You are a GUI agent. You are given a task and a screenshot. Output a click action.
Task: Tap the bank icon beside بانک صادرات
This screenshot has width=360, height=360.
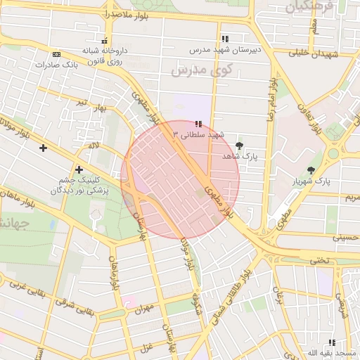[x=56, y=54]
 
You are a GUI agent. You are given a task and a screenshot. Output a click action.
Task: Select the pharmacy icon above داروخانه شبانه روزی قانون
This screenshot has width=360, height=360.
[x=105, y=41]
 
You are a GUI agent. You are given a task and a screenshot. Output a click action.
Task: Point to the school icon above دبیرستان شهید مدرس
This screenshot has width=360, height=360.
[x=224, y=39]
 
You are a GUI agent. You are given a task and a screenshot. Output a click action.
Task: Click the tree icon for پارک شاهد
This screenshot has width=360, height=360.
[x=240, y=146]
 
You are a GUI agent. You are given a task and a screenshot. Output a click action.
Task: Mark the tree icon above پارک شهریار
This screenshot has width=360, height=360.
[x=311, y=170]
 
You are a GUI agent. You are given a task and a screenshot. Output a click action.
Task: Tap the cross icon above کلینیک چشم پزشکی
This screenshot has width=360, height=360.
[x=79, y=169]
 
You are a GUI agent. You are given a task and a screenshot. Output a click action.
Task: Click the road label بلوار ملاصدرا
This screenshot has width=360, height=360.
[x=105, y=13]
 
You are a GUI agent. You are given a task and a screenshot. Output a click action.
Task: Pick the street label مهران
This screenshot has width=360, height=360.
[x=143, y=310]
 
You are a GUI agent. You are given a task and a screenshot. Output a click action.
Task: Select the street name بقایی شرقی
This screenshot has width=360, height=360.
[x=67, y=307]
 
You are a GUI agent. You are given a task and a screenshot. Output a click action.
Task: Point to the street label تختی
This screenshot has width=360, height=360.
[x=319, y=260]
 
